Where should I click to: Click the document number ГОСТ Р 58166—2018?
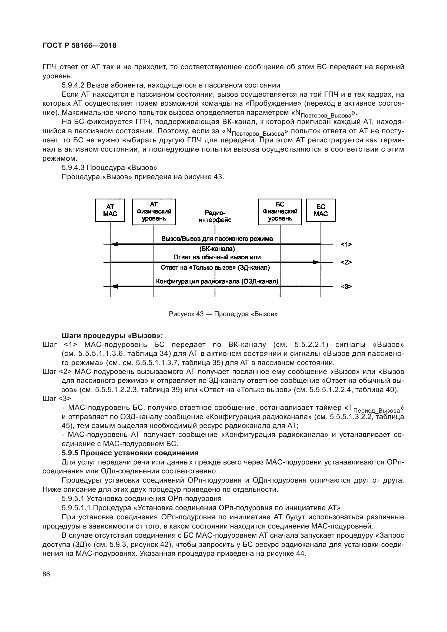tap(79, 45)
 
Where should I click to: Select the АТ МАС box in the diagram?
tap(110, 210)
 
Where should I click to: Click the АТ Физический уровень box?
tap(154, 212)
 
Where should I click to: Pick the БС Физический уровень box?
tap(280, 212)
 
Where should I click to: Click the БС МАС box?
tap(321, 210)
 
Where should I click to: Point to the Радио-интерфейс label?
tap(215, 216)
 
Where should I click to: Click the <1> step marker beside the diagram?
tap(346, 244)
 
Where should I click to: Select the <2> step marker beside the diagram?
tap(346, 262)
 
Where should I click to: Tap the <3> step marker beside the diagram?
tap(346, 286)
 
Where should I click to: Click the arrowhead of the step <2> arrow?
tap(317, 262)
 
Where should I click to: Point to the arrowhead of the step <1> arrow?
tap(114, 244)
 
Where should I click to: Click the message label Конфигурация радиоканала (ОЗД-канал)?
tap(217, 281)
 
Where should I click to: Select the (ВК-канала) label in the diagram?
tap(217, 249)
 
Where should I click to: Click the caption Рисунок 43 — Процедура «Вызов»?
tap(223, 314)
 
